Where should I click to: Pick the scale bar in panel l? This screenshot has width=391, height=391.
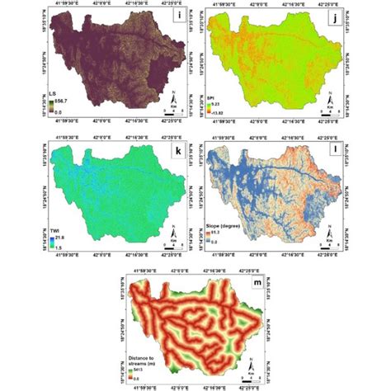(339, 245)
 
